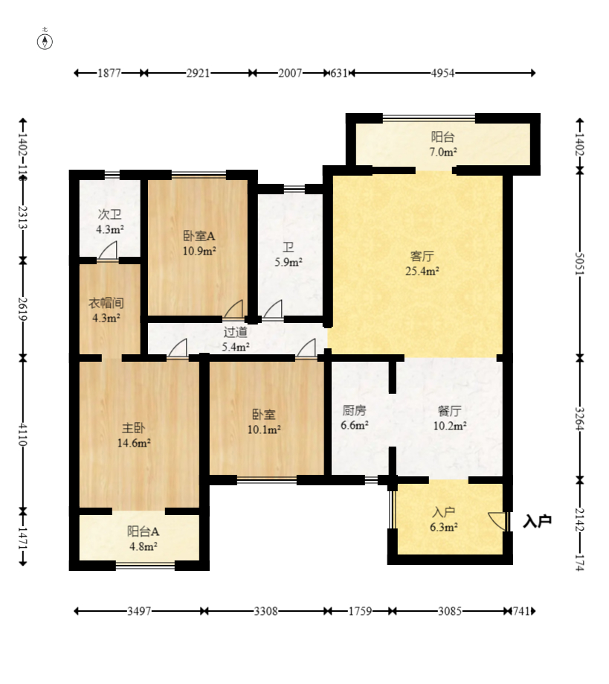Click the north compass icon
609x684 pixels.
click(45, 42)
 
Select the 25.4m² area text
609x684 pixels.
click(422, 271)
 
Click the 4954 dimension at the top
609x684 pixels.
click(442, 73)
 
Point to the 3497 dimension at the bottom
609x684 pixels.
click(139, 611)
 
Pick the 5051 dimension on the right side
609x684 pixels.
click(579, 264)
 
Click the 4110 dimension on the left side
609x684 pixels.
click(22, 434)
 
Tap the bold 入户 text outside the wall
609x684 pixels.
click(537, 521)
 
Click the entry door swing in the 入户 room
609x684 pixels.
click(497, 521)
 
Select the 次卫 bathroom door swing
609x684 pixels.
click(108, 250)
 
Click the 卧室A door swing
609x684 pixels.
click(233, 309)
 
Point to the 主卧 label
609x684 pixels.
click(133, 428)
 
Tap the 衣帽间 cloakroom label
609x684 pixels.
click(106, 303)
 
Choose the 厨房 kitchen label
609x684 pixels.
click(354, 410)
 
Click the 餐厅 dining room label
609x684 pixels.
click(449, 411)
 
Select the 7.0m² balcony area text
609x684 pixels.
click(443, 152)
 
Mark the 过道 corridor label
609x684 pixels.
click(236, 332)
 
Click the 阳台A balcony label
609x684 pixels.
click(143, 531)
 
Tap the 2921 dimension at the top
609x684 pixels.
click(198, 73)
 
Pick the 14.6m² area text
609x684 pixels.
click(134, 443)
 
